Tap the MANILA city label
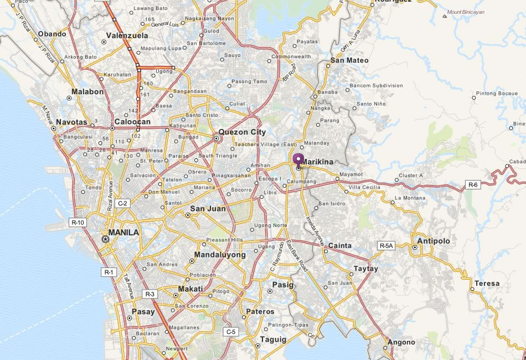coord(123,233)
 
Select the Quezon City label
coord(242,132)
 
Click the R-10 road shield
coord(78,222)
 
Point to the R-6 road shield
coord(473,185)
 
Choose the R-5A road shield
coord(386,245)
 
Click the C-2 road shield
coord(122,203)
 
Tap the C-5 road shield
coord(231,331)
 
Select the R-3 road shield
coord(149,294)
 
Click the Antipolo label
coord(434,241)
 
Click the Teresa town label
coord(487,284)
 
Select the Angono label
coord(401,342)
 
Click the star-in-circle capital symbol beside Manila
coord(105,239)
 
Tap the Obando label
coord(52,34)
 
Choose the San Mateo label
coord(349,60)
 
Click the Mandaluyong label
coord(220,255)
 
